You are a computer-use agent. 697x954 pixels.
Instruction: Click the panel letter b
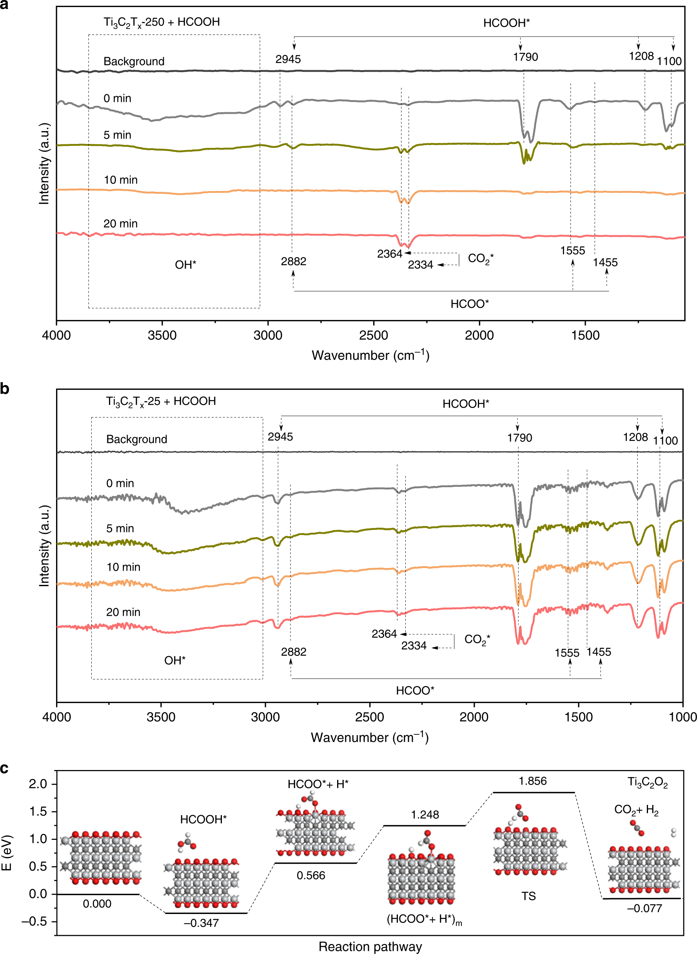coord(5,388)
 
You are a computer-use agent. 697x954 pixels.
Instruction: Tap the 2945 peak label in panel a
coord(288,59)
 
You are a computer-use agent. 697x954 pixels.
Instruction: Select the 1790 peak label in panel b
coord(519,438)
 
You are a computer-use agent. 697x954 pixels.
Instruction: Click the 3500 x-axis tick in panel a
coord(162,336)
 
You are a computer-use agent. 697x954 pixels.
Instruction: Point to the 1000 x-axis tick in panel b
coord(682,717)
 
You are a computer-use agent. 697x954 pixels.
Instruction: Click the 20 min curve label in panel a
coord(120,224)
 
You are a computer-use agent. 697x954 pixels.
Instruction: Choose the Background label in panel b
coord(137,439)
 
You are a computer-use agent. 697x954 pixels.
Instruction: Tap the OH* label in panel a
coord(186,265)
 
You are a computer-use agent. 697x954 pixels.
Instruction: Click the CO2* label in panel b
coord(477,640)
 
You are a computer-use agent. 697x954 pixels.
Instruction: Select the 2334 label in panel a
coord(420,265)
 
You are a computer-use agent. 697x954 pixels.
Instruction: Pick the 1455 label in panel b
coord(599,652)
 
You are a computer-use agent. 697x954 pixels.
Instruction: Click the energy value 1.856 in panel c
coord(533,781)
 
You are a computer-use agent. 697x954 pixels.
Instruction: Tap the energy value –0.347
coord(201,923)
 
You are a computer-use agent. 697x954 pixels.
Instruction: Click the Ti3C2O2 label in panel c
coord(648,782)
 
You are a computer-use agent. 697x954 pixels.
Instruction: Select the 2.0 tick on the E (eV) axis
coord(38,784)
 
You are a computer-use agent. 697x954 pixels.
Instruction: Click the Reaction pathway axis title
coord(370,947)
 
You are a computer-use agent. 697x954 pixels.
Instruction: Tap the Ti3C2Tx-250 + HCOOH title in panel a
coord(162,22)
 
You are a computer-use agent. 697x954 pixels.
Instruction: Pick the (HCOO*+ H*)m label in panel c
coord(424,919)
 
